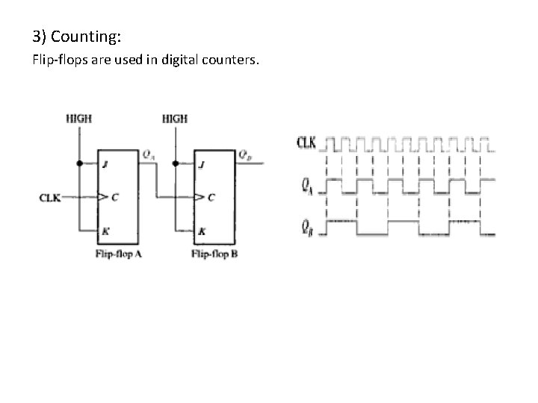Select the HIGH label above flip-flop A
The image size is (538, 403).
[x=79, y=118]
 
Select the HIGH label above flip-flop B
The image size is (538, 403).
[x=174, y=118]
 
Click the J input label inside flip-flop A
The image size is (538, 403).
[x=105, y=165]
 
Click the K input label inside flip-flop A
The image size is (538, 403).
[x=105, y=231]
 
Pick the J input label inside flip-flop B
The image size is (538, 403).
[x=200, y=165]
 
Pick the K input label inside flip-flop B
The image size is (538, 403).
[x=200, y=231]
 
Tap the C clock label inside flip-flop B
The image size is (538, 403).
[x=212, y=198]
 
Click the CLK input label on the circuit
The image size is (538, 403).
[x=50, y=198]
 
